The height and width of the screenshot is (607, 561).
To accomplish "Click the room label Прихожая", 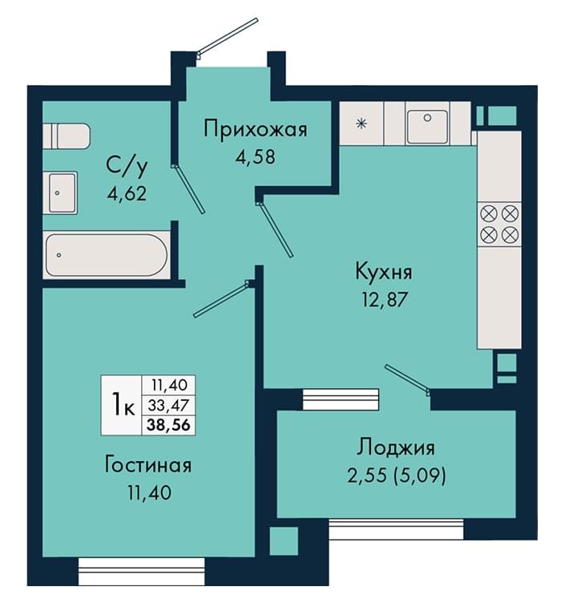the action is [x=256, y=129].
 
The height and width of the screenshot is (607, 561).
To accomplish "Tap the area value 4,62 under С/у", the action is [x=127, y=193].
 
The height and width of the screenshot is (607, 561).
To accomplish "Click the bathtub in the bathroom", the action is [x=107, y=255].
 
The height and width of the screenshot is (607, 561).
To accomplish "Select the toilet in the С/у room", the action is [x=66, y=136].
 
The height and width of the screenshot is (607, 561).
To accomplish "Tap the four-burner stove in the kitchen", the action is [x=499, y=225].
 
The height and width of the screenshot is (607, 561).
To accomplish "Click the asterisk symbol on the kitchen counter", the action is [x=361, y=123].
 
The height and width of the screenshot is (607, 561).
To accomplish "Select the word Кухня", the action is [x=383, y=272].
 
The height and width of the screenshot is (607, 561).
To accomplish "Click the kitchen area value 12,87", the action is [x=385, y=299].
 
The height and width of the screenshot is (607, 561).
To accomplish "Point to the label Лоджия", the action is [x=395, y=447].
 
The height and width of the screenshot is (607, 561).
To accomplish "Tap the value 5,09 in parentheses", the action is [x=419, y=475].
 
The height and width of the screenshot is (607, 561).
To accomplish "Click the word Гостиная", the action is [x=147, y=465].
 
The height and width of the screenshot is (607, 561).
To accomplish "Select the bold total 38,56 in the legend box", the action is [x=168, y=425].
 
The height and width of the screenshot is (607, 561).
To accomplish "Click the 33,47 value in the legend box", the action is [x=168, y=405].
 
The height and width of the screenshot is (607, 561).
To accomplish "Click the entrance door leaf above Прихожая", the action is [x=228, y=35].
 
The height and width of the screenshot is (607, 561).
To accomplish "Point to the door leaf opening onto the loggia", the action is [x=407, y=378].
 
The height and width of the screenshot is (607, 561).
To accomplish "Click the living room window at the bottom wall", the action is [x=142, y=571].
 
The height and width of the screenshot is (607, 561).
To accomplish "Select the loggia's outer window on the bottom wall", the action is [x=396, y=529].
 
